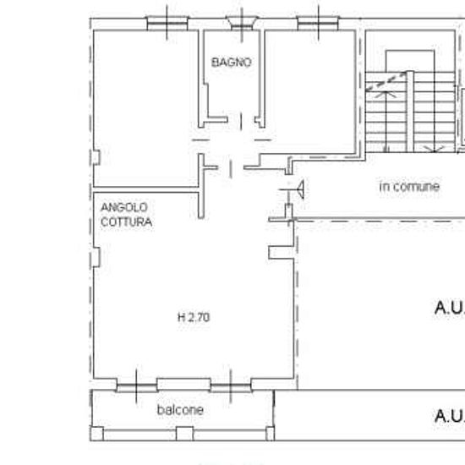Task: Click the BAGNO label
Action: click(231, 63)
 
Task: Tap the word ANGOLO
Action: click(124, 207)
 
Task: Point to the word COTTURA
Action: click(127, 222)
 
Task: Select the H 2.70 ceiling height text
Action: click(193, 318)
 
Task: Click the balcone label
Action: click(180, 410)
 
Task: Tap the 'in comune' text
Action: click(409, 186)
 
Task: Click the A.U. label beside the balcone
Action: click(449, 416)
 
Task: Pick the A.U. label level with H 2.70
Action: click(449, 309)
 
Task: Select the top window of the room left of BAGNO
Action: click(167, 22)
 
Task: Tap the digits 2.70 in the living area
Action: click(199, 318)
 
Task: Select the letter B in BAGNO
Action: click(216, 63)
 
